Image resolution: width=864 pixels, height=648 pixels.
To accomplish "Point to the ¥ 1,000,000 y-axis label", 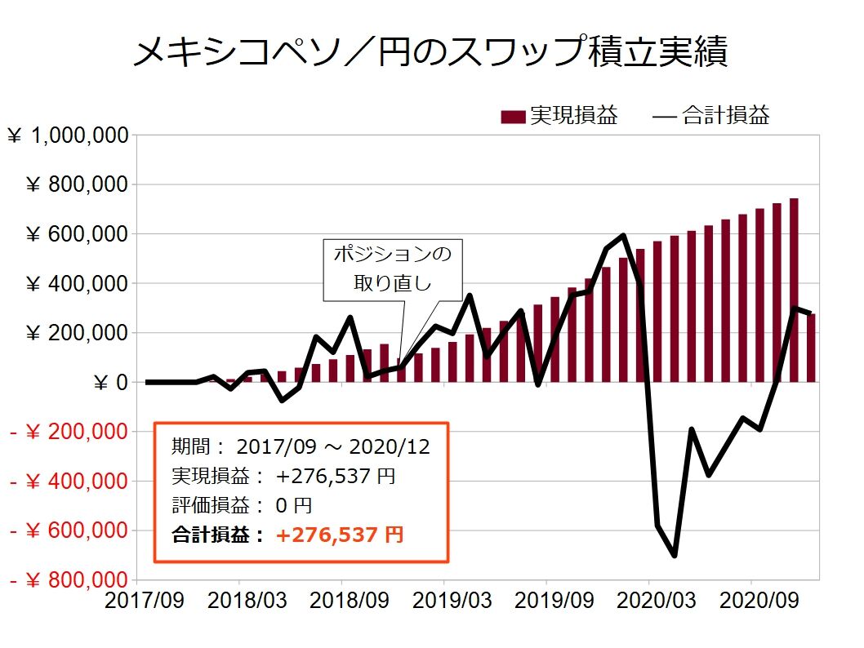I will tap(69, 136).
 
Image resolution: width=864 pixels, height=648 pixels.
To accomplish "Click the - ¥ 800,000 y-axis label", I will tap(69, 581).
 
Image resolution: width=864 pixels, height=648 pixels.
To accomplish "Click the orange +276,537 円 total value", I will tap(339, 535).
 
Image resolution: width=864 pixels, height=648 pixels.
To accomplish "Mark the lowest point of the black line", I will tap(675, 556).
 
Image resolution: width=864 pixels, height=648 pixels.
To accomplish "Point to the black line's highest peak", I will tap(623, 236).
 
